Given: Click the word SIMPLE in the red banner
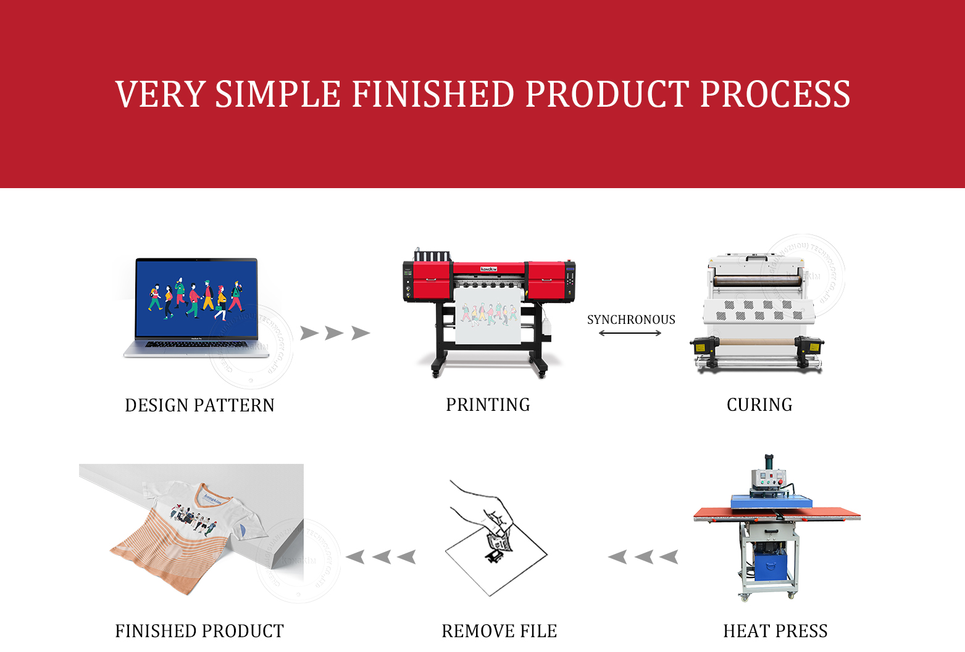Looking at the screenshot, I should pos(277,94).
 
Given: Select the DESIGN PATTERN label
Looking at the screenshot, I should pos(199,405).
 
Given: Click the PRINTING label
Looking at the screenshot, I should pos(488,405).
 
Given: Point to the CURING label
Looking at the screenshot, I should pos(759,405).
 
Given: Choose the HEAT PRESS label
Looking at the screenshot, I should pos(775,631).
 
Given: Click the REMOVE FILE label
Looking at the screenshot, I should pos(499,631).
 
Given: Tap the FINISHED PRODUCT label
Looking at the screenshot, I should pos(199,631).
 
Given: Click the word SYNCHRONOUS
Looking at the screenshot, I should pos(631,320).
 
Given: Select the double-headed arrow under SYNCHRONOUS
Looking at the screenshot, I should pos(630,333).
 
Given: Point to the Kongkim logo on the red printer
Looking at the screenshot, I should pos(489,269).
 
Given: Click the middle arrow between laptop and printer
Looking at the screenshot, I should pos(334,333).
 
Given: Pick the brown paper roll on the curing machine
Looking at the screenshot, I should pos(758,341).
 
